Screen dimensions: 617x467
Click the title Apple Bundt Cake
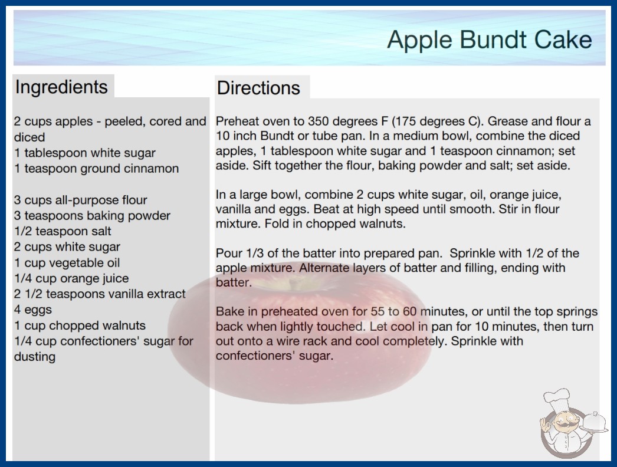(490, 40)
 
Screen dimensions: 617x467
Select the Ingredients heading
(61, 87)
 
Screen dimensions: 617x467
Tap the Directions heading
(258, 88)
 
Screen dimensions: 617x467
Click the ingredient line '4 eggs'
(33, 310)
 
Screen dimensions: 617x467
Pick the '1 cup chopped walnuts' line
(80, 325)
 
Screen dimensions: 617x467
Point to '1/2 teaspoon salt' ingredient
(63, 231)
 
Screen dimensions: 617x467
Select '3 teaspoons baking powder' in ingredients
(92, 216)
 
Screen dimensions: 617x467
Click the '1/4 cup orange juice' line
(71, 278)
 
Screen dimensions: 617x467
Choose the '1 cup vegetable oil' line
(67, 262)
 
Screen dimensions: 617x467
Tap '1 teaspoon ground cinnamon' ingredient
(96, 169)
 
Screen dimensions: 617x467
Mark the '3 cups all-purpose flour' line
(81, 200)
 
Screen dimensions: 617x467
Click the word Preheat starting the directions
(237, 121)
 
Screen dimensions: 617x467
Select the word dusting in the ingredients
(35, 357)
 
